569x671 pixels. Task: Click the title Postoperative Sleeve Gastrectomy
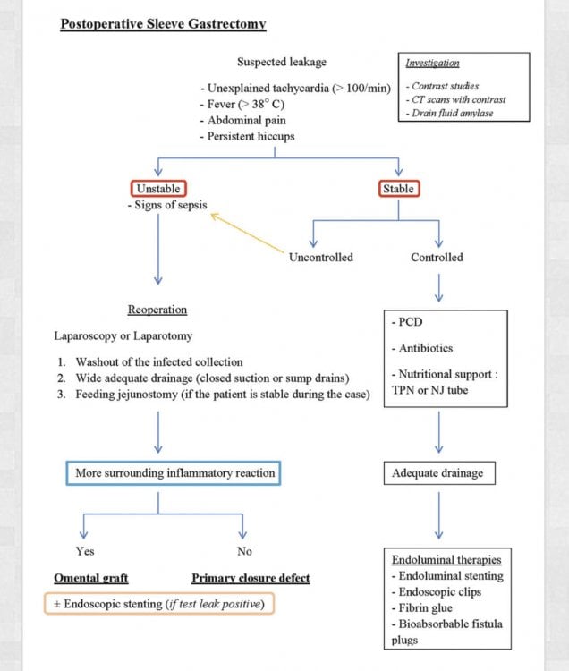(163, 24)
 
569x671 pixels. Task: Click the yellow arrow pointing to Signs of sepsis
(247, 233)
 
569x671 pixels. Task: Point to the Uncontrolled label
(321, 257)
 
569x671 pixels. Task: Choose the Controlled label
(437, 257)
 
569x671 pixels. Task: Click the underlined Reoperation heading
(157, 310)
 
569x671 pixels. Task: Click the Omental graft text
(91, 578)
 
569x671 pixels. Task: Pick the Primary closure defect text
(251, 578)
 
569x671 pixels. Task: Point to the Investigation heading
(432, 63)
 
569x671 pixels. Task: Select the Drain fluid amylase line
(450, 113)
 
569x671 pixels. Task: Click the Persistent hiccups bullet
(247, 137)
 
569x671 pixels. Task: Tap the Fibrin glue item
(422, 607)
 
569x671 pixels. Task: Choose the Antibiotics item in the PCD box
(422, 348)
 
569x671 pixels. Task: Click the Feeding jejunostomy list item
(214, 395)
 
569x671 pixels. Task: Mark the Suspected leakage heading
(282, 62)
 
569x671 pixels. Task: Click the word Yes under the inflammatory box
(85, 551)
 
